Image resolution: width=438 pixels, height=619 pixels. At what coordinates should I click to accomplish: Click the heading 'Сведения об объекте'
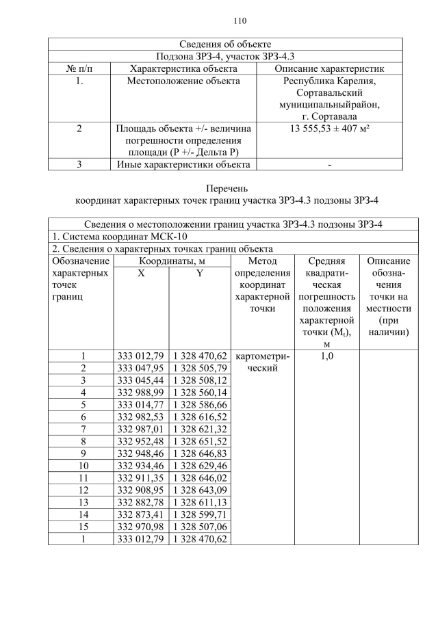coord(225,44)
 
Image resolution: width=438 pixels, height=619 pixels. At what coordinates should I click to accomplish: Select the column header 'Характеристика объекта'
coord(183,68)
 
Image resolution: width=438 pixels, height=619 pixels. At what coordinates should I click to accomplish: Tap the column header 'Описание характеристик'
coord(329,68)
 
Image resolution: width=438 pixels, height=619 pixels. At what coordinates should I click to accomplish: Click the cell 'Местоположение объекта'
coord(183,81)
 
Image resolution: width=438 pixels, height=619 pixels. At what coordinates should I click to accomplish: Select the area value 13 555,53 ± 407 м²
coord(329,128)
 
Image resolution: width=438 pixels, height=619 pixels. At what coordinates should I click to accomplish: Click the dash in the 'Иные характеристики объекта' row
coord(329,164)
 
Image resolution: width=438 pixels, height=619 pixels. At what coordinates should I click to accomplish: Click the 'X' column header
coord(141,274)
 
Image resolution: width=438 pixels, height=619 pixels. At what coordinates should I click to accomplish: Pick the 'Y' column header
coord(199,274)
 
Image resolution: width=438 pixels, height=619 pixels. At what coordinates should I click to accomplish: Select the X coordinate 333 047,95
coord(140,368)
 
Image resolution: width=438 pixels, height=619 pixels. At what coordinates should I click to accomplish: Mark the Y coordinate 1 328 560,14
coord(199,392)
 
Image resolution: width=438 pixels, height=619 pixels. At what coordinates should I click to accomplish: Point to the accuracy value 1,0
coord(326,356)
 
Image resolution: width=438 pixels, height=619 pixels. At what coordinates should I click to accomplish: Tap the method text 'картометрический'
coord(262,362)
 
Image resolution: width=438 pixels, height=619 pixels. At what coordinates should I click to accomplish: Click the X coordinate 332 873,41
coord(140,515)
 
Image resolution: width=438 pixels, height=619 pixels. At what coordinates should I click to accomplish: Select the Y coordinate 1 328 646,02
coord(199,478)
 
